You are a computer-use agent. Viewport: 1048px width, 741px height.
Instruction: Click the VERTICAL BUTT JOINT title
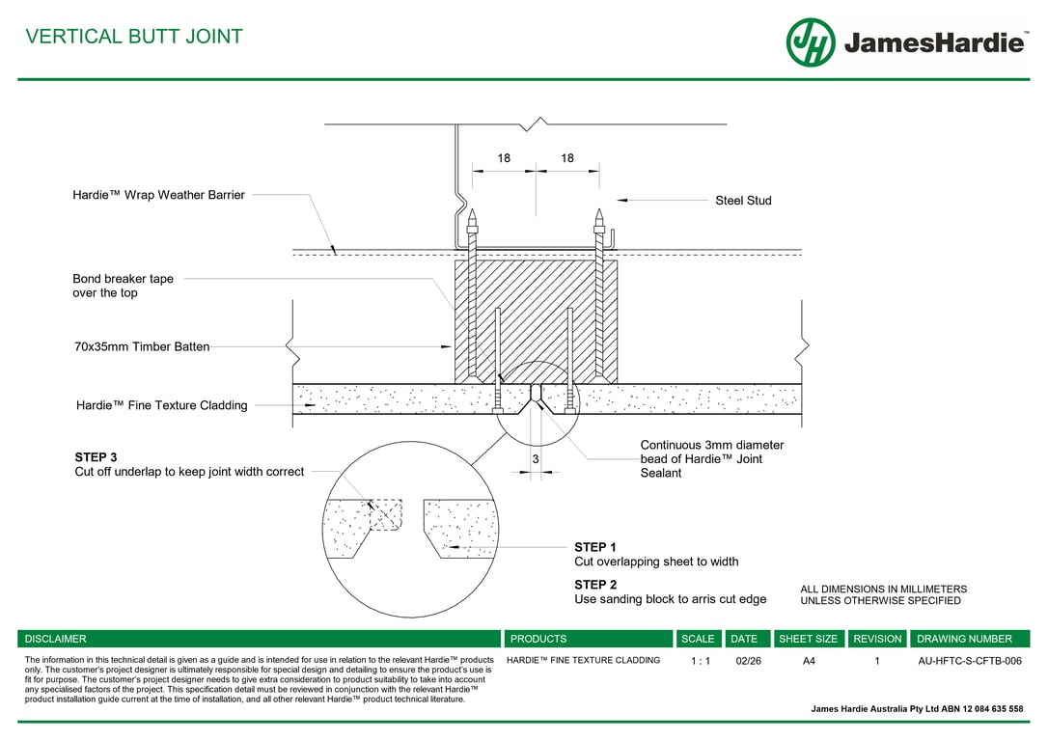coord(134,37)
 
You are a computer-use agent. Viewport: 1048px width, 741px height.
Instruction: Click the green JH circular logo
coord(810,42)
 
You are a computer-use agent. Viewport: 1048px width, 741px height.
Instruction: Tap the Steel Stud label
coord(743,201)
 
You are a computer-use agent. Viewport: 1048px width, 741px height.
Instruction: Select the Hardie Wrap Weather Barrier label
coord(158,195)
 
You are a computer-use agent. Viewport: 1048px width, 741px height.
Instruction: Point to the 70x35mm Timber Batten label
coord(141,346)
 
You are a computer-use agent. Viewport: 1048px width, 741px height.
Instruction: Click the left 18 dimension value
coord(504,158)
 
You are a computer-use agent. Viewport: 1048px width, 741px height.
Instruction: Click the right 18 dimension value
coord(567,158)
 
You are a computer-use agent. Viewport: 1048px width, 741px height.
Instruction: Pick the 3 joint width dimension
coord(536,460)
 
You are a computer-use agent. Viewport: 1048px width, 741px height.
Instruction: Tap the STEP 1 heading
coord(595,547)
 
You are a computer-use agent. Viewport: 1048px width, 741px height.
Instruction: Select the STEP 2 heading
coord(595,585)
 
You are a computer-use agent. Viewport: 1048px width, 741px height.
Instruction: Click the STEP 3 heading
coord(96,457)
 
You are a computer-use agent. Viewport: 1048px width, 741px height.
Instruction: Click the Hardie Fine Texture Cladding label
coord(161,406)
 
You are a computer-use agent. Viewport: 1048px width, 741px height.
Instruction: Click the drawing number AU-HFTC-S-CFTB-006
coord(969,661)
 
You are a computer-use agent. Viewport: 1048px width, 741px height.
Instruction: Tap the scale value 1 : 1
coord(701,661)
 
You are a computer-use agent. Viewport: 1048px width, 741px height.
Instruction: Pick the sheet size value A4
coord(809,661)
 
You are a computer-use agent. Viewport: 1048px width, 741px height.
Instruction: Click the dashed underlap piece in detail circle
coord(386,514)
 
